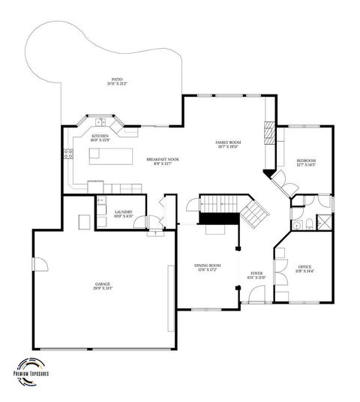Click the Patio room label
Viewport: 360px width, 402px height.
click(117, 80)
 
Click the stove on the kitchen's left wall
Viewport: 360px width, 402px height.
click(68, 154)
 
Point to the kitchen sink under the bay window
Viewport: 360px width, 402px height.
click(100, 121)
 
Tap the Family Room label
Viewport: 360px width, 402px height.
click(227, 144)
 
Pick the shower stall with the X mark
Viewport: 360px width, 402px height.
click(325, 222)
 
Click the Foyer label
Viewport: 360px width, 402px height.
click(256, 275)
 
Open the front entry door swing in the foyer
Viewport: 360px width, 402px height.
click(256, 295)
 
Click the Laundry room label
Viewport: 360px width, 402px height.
click(124, 214)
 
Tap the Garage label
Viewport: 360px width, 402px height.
click(97, 286)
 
